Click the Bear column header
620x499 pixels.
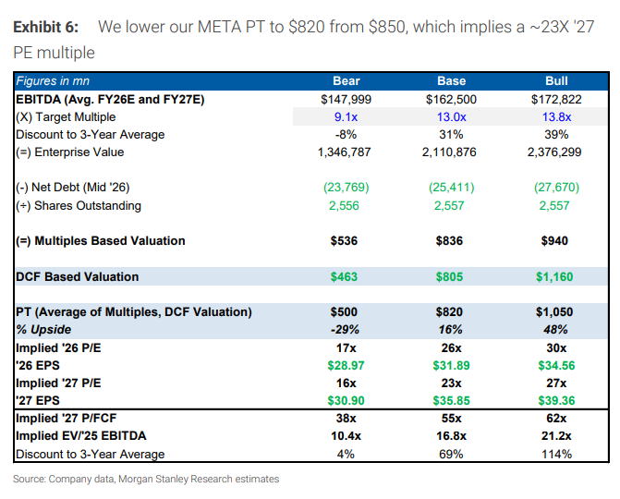click(346, 81)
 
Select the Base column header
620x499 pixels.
click(451, 81)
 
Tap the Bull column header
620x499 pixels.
click(556, 81)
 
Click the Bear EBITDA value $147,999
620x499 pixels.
click(346, 99)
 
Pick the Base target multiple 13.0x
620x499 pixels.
click(451, 116)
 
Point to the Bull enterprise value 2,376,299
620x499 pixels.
click(556, 152)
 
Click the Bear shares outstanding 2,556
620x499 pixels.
click(346, 205)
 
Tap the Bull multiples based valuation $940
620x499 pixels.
click(556, 241)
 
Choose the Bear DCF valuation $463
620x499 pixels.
click(346, 276)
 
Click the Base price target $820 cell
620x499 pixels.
click(451, 312)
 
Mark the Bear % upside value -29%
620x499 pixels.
click(346, 330)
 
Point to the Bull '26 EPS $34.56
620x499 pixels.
click(556, 365)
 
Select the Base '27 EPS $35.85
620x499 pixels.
click(451, 400)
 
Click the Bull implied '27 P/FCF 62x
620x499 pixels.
click(556, 419)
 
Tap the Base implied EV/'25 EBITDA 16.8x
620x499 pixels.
click(451, 436)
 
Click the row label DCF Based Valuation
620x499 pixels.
click(77, 276)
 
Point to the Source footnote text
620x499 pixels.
click(145, 479)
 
